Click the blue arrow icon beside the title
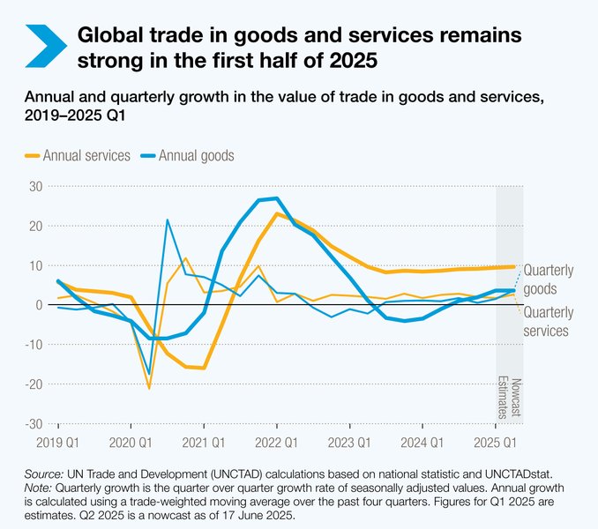coord(46,46)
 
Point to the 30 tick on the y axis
coord(34,186)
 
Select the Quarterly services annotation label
coord(548,321)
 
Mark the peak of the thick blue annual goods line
coord(276,198)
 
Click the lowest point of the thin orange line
coord(149,388)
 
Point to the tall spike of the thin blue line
coord(167,220)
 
